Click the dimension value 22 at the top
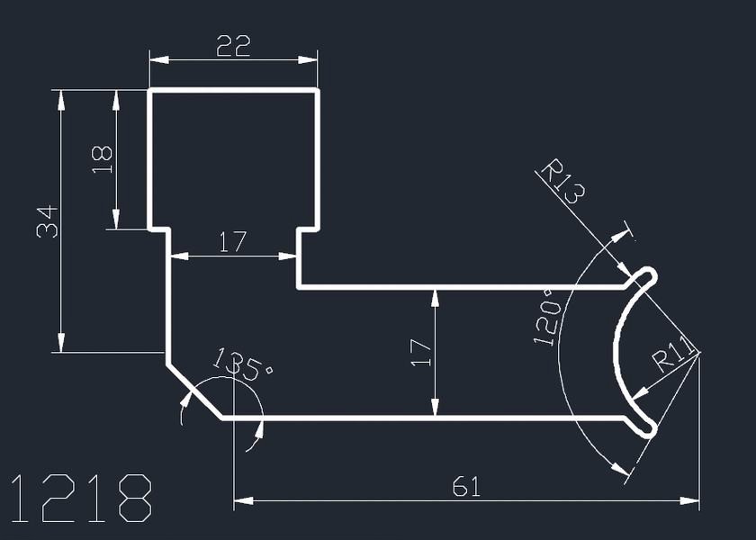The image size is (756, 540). point(233,46)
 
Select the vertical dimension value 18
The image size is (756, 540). point(103,159)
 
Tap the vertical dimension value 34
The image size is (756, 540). point(47,221)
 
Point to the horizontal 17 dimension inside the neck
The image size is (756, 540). point(233,242)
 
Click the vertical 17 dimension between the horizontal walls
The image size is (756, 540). point(421,353)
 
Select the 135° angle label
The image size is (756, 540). point(242,364)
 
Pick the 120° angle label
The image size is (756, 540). point(548,317)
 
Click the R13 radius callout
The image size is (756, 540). point(562,181)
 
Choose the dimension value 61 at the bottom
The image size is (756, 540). point(467,487)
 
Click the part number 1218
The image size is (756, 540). point(81,498)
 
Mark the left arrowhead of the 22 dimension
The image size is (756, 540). point(159,59)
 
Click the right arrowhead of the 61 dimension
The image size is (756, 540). point(689,501)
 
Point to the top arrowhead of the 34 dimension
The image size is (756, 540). point(61,100)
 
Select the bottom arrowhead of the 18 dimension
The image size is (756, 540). point(116,220)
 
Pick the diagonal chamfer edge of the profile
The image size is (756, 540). point(194,391)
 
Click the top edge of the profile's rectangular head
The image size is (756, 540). point(233,90)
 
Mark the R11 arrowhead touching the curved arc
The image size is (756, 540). point(638,394)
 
